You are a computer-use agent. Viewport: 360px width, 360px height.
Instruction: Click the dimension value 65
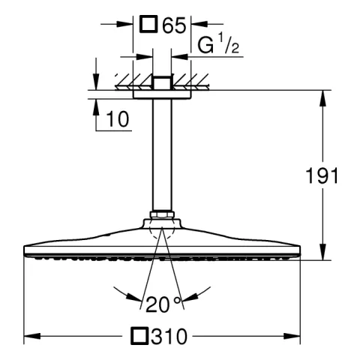(174, 25)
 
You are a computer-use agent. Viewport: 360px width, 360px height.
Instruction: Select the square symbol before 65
(148, 24)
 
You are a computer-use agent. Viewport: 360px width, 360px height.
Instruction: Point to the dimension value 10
(118, 119)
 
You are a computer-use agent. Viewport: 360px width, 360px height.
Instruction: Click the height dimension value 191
(322, 175)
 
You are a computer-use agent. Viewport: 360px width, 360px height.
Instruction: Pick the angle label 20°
(163, 304)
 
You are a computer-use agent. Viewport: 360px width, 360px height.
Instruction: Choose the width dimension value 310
(169, 336)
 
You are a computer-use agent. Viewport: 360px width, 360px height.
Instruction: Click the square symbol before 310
(139, 336)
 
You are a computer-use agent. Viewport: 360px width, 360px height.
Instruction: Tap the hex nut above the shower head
(162, 214)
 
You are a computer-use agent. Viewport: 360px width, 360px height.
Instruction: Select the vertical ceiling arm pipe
(162, 154)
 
